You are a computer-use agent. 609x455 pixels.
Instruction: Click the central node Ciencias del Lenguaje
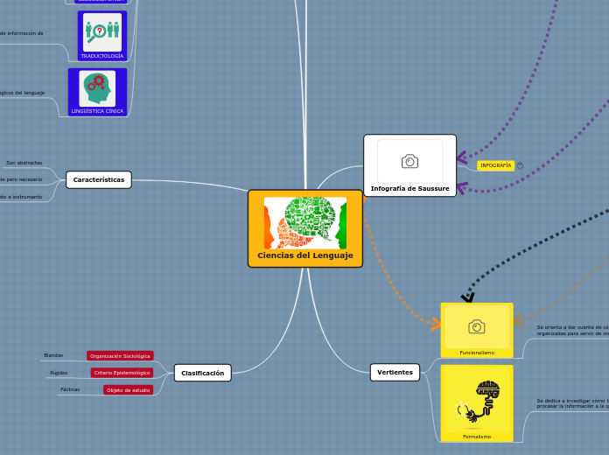point(304,255)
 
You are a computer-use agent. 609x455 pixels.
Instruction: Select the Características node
point(99,179)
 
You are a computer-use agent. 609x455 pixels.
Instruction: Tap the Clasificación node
point(202,373)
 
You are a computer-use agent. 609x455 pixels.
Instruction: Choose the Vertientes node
point(395,372)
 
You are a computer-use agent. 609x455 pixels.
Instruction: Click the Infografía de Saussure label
point(409,188)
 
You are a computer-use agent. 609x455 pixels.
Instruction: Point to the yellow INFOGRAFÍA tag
point(495,165)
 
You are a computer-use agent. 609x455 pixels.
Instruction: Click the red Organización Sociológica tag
point(120,356)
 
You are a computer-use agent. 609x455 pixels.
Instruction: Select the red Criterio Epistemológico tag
point(122,373)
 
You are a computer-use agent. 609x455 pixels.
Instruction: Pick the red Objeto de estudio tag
point(128,389)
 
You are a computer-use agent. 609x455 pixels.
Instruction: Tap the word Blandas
point(53,355)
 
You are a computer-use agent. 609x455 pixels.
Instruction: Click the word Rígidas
point(59,373)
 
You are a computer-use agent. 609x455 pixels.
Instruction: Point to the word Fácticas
point(70,389)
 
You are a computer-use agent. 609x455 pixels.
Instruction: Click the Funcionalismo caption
point(477,353)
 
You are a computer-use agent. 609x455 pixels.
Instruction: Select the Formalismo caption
point(477,436)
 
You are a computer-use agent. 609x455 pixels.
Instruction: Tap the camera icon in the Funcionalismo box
point(477,326)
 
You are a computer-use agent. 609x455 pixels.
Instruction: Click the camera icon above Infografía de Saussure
point(409,161)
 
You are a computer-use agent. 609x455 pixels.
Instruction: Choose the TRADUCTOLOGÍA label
point(102,55)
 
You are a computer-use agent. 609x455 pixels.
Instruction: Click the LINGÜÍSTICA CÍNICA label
point(97,111)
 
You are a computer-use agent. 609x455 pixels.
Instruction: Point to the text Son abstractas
point(24,163)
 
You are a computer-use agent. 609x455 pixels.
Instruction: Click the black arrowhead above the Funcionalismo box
point(467,297)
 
